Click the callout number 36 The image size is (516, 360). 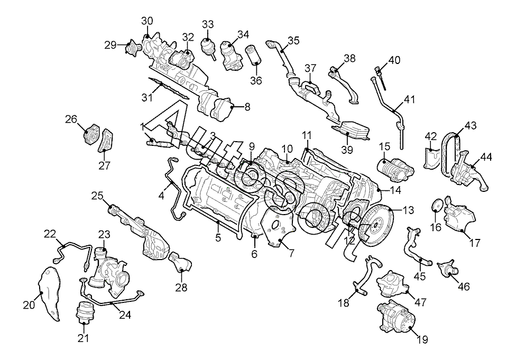[x=256, y=80]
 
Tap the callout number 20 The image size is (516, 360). [x=29, y=305]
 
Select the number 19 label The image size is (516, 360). [x=422, y=339]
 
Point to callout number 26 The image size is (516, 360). [x=71, y=118]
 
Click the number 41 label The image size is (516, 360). [x=409, y=99]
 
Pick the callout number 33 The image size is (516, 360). [x=208, y=24]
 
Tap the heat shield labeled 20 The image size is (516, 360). [x=50, y=293]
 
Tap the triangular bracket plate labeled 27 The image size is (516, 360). [x=106, y=141]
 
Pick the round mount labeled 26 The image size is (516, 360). [x=91, y=134]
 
